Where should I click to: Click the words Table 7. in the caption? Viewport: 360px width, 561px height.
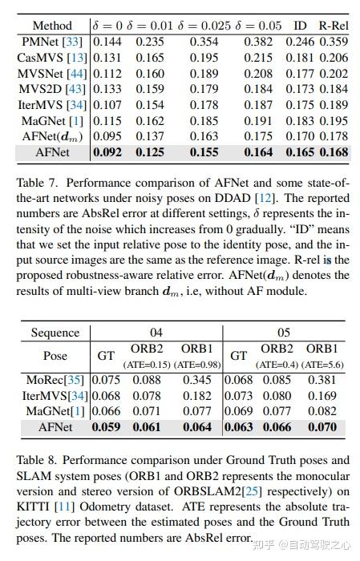click(35, 183)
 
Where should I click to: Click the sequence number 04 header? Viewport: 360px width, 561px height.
click(157, 332)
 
